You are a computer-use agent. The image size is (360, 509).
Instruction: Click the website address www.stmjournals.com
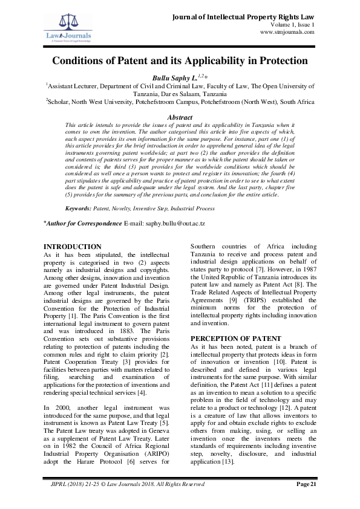287,32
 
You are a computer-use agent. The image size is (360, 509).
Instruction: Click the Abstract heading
180,117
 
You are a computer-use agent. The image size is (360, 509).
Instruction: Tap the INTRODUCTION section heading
73,247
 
